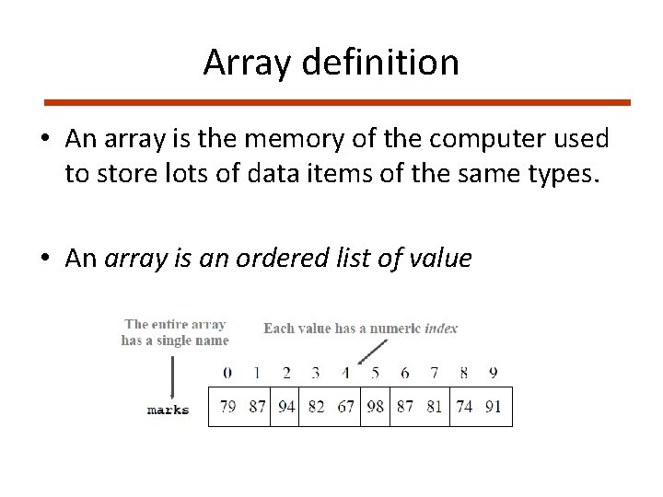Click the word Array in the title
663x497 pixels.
[x=243, y=63]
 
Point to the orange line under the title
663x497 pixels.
[x=338, y=102]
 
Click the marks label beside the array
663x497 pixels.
[x=168, y=410]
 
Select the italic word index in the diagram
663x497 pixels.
[x=441, y=328]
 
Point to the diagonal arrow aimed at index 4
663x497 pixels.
[x=371, y=351]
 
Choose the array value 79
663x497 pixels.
[x=227, y=407]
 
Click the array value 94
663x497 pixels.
[x=286, y=407]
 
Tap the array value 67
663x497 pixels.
[x=345, y=407]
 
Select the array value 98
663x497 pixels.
[x=375, y=407]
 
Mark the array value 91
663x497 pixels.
[x=494, y=407]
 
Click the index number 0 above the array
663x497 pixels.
[x=227, y=373]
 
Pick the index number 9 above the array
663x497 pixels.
[x=494, y=373]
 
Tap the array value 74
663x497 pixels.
[x=464, y=407]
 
